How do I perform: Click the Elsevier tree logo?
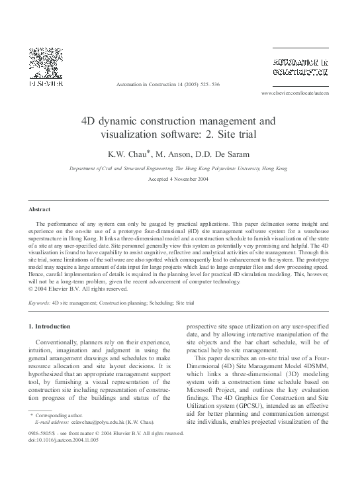pyautogui.click(x=44, y=65)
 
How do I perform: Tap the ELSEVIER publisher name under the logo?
pyautogui.click(x=44, y=85)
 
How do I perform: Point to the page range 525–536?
pyautogui.click(x=206, y=85)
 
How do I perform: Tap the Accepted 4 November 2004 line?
pyautogui.click(x=179, y=180)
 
